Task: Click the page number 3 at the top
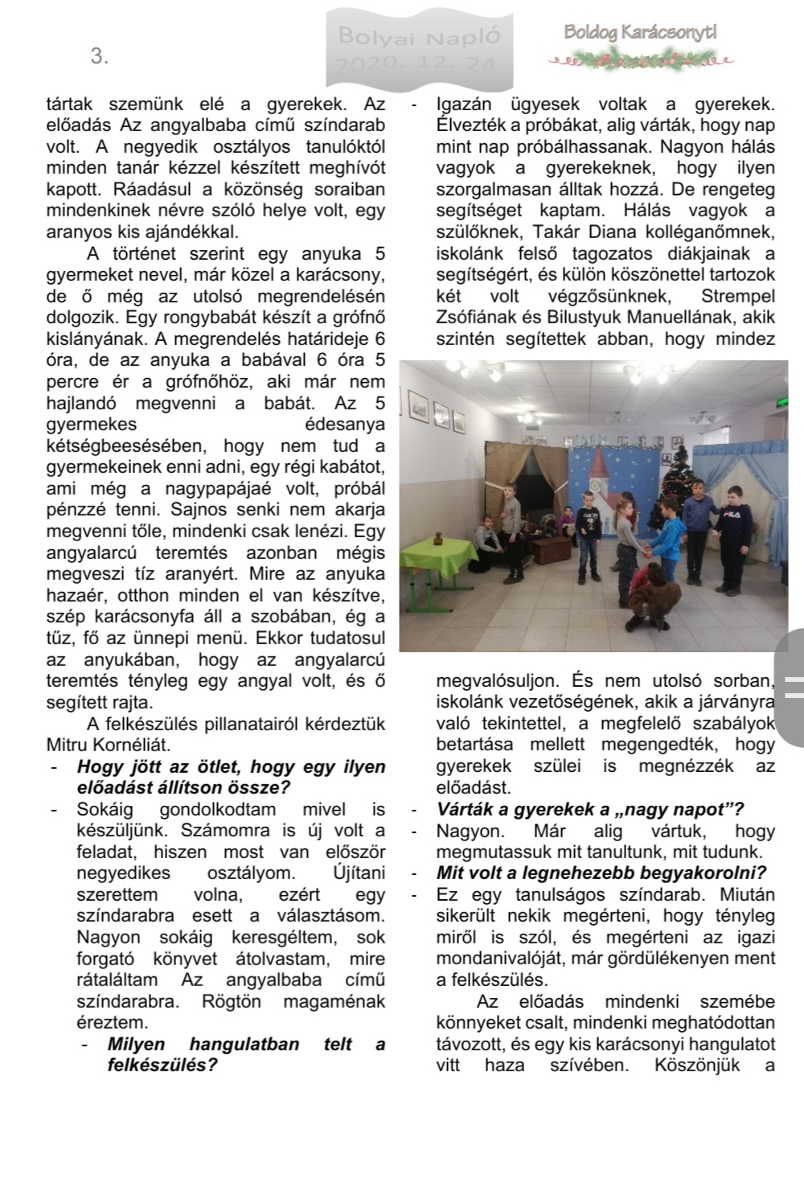point(100,56)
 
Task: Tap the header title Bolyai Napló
point(419,35)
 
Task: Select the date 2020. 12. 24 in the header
point(419,65)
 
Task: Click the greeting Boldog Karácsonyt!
point(640,33)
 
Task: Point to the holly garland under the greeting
point(640,59)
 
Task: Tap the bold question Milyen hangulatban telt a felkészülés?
point(233,1055)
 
